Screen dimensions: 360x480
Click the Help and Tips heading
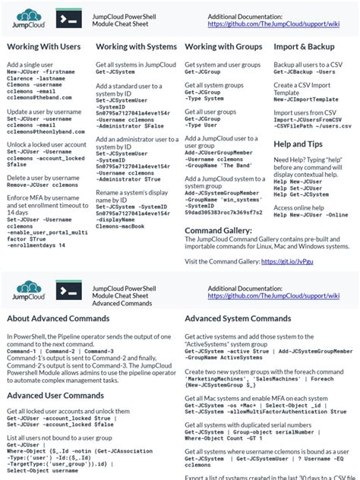298,144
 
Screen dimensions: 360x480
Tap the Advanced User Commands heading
55,395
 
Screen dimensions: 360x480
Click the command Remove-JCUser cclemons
43,185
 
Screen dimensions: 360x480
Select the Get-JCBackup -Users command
304,73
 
